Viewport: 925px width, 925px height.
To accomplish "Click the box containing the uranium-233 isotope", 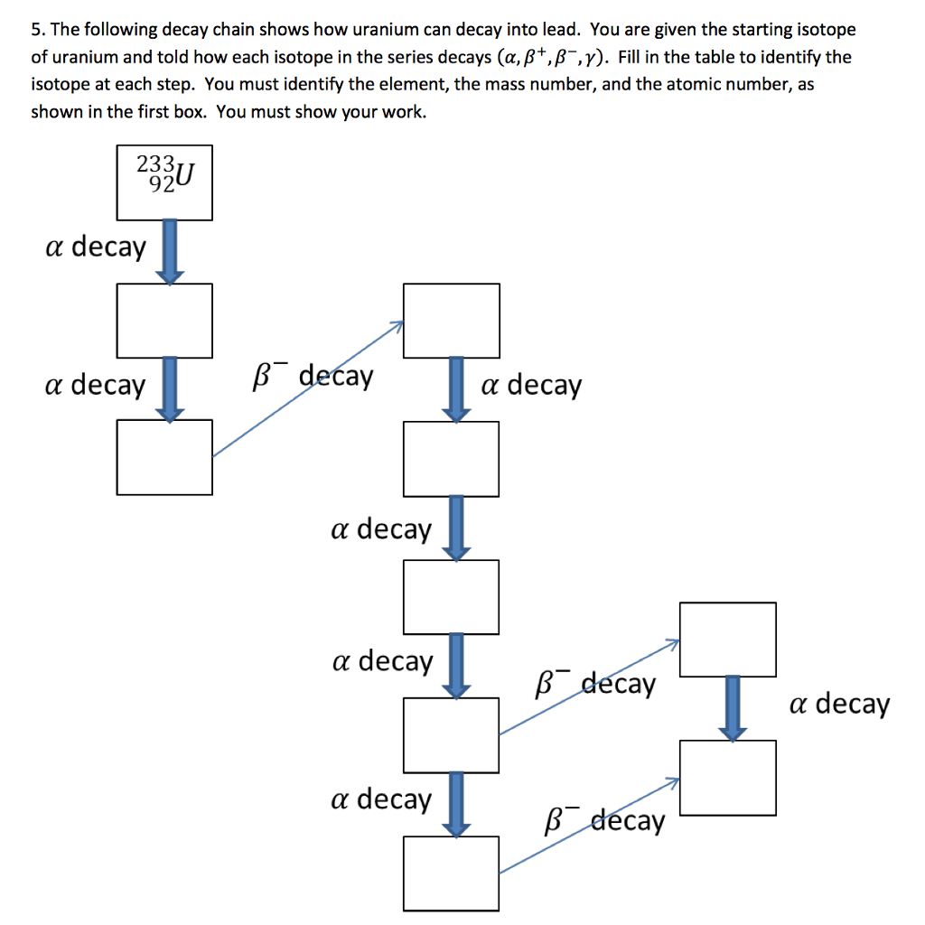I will [164, 182].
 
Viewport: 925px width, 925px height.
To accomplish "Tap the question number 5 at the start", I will [35, 29].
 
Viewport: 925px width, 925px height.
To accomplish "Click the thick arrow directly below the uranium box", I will [169, 252].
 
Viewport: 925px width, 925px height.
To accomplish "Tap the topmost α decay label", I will [95, 247].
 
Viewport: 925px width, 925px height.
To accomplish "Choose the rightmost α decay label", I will [839, 704].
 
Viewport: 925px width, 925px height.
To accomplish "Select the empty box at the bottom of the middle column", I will [451, 873].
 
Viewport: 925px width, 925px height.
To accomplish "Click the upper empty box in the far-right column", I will [727, 640].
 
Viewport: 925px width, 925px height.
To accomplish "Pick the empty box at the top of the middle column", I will [451, 320].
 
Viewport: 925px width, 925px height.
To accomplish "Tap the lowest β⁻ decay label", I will [604, 821].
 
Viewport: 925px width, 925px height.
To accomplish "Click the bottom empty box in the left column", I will [164, 457].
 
